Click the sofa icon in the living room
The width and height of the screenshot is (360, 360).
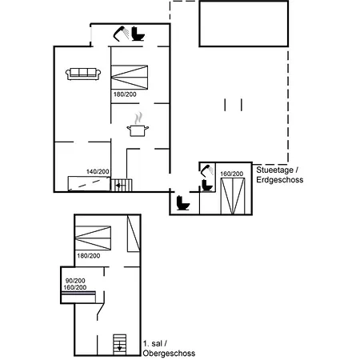pyautogui.click(x=83, y=74)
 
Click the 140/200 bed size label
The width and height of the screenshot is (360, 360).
pyautogui.click(x=98, y=171)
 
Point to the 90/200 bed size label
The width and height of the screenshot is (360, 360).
pyautogui.click(x=75, y=281)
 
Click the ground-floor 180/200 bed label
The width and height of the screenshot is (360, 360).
pyautogui.click(x=125, y=94)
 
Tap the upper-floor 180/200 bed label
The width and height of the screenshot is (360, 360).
pyautogui.click(x=89, y=256)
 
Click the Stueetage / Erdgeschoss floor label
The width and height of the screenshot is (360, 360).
pyautogui.click(x=280, y=174)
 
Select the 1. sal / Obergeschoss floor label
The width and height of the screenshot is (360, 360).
pyautogui.click(x=169, y=348)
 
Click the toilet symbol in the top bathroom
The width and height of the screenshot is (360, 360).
pyautogui.click(x=138, y=34)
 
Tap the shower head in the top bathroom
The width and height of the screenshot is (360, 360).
pyautogui.click(x=121, y=34)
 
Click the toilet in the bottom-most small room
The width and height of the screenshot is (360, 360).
pyautogui.click(x=183, y=203)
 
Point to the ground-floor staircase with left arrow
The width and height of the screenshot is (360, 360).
pyautogui.click(x=122, y=186)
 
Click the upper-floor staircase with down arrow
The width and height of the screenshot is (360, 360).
pyautogui.click(x=119, y=345)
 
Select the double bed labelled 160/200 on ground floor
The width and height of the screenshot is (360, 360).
pyautogui.click(x=233, y=196)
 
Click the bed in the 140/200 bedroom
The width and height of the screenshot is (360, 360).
pyautogui.click(x=89, y=183)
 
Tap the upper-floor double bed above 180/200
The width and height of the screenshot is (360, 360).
pyautogui.click(x=93, y=238)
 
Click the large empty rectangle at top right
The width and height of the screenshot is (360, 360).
pyautogui.click(x=244, y=24)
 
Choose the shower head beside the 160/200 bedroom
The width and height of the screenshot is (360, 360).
pyautogui.click(x=207, y=171)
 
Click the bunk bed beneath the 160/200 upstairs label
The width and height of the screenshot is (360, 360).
pyautogui.click(x=78, y=297)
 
